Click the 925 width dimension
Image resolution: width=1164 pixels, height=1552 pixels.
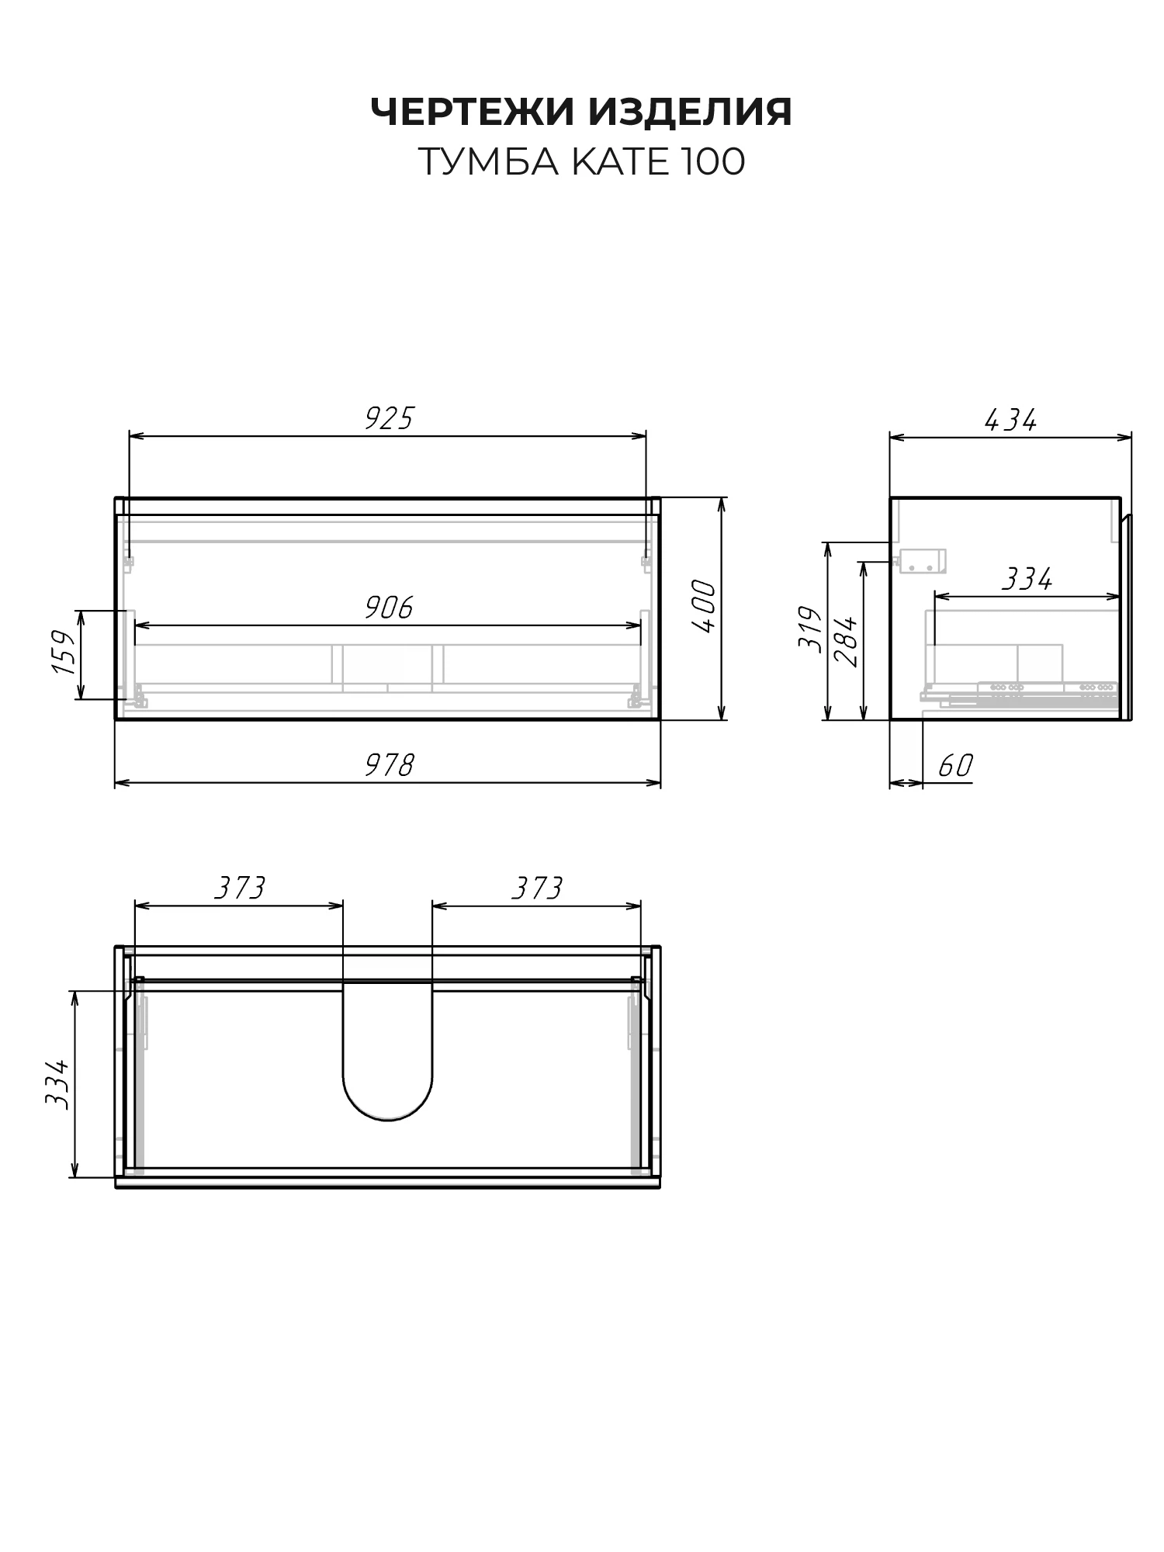point(390,419)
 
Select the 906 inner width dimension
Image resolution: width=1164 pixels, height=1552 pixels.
point(389,608)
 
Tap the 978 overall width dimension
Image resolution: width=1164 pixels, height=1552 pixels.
point(390,765)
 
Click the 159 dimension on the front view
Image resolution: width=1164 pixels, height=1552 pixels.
point(64,653)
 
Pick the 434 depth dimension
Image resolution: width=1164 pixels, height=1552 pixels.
point(1010,421)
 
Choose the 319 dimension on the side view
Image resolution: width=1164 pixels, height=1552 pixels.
point(810,629)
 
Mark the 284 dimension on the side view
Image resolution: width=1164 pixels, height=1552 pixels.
point(845,641)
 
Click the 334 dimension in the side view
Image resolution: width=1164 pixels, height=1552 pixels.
point(1027,579)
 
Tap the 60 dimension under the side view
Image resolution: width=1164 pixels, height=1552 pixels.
point(955,766)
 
